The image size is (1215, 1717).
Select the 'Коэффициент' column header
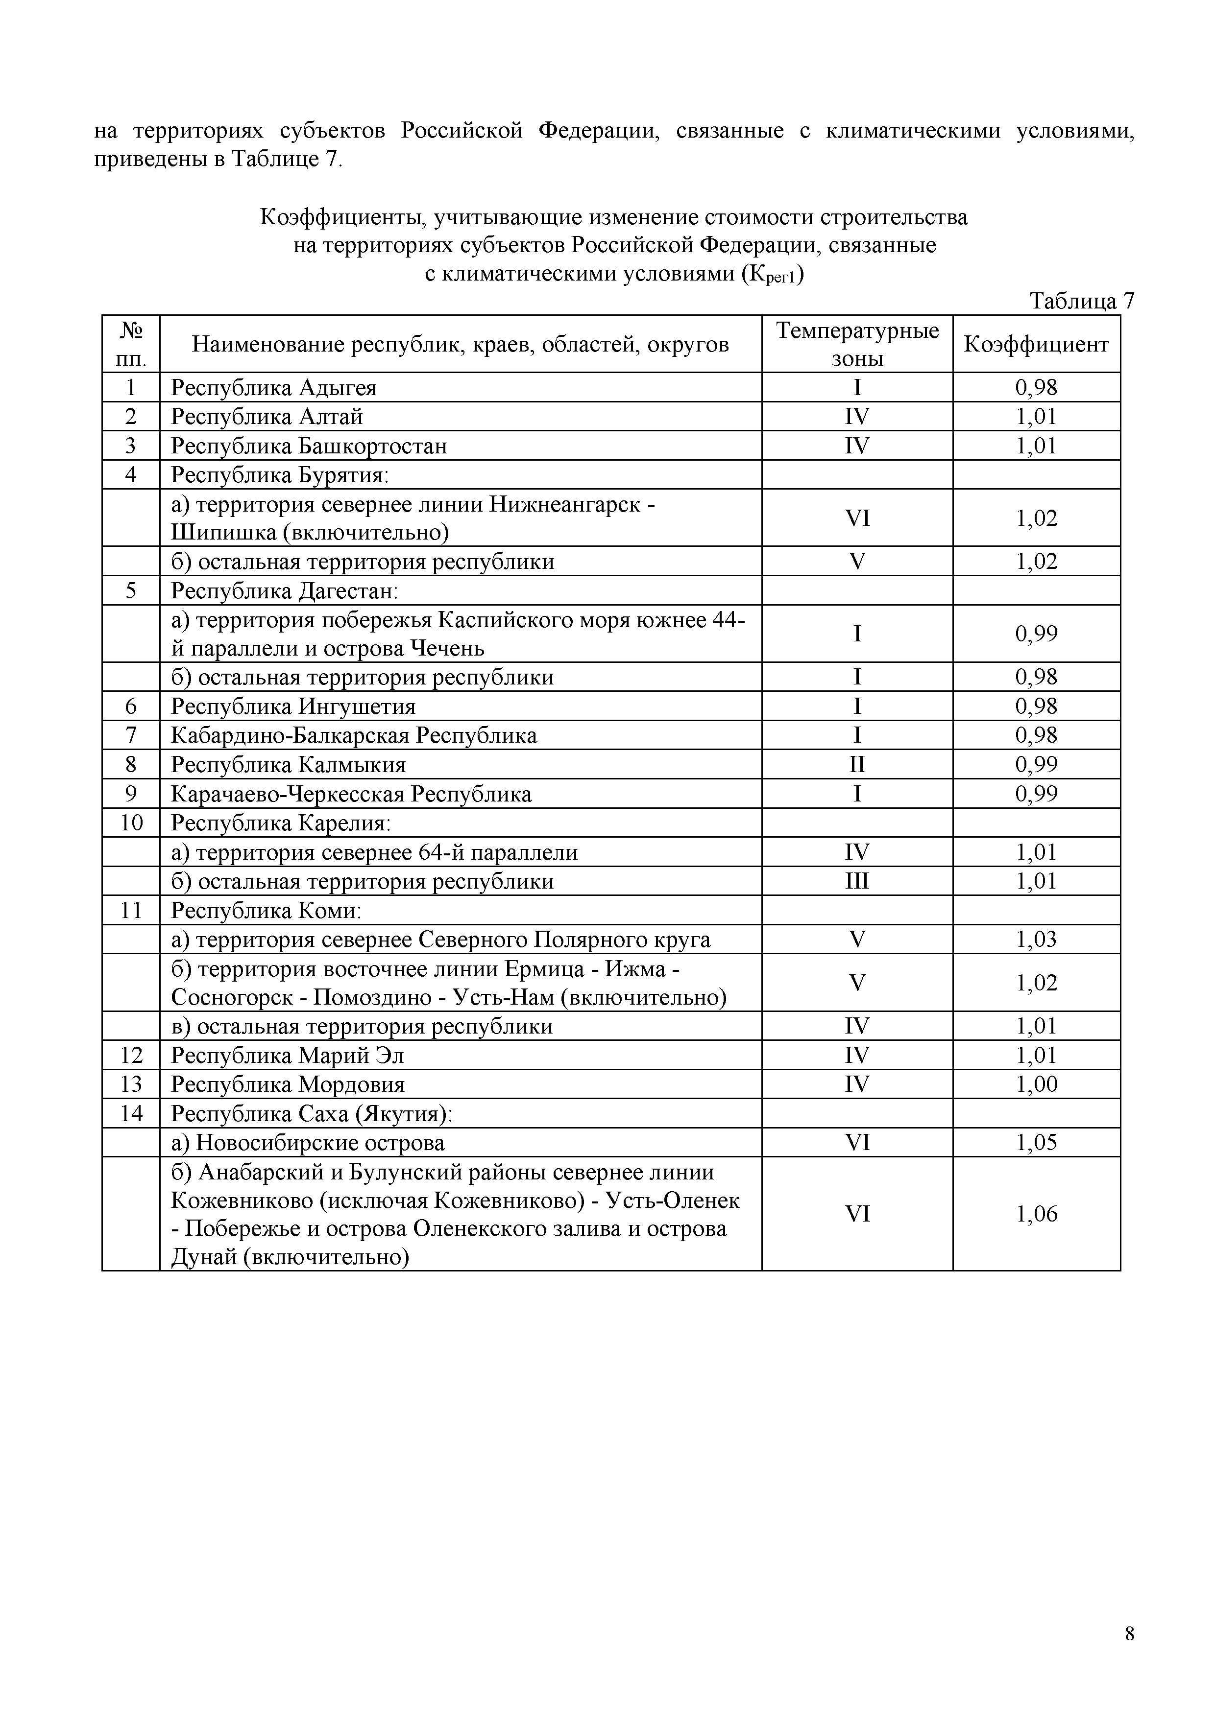coord(1036,345)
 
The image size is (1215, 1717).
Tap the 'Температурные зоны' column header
coord(857,345)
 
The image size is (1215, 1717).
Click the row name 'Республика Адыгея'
coord(274,387)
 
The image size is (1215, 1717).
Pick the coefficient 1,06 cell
coord(1036,1214)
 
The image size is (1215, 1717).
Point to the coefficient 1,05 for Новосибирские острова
coord(1036,1143)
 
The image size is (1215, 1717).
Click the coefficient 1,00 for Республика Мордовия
coord(1036,1084)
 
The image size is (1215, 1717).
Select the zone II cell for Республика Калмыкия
coord(857,764)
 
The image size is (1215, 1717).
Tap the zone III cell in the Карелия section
coord(857,881)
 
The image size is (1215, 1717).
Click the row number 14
coord(131,1113)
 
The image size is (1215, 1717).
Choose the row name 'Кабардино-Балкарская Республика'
coord(354,735)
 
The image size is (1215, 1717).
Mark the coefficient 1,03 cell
coord(1036,939)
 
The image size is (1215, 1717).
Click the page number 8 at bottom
coord(1129,1634)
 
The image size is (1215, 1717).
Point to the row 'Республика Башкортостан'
coord(309,446)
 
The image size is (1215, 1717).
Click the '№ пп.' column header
coord(131,345)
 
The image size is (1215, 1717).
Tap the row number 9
coord(131,794)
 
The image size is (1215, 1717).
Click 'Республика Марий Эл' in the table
coord(287,1055)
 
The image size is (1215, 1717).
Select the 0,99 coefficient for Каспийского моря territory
coord(1036,634)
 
